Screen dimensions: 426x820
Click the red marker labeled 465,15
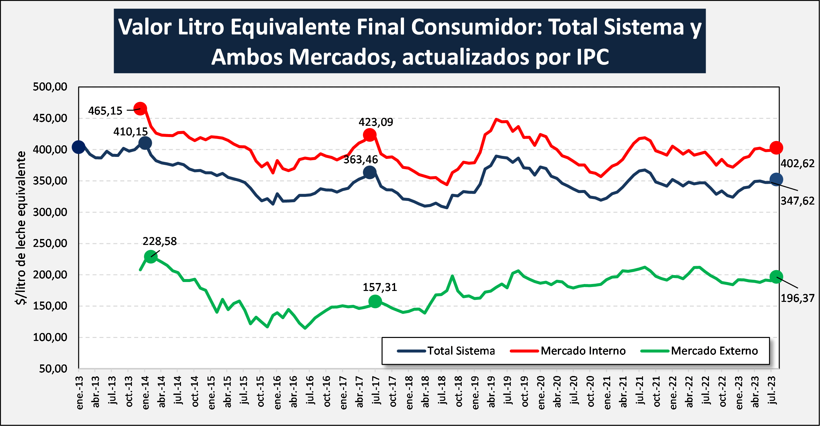pyautogui.click(x=140, y=109)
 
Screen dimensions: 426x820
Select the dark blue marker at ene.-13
pyautogui.click(x=79, y=147)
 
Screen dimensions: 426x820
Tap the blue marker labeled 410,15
pyautogui.click(x=145, y=143)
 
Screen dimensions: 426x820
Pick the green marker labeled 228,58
pyautogui.click(x=151, y=257)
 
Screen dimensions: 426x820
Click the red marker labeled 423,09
pyautogui.click(x=370, y=135)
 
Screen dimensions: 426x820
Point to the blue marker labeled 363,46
pyautogui.click(x=370, y=172)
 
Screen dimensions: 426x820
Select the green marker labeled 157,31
pyautogui.click(x=375, y=301)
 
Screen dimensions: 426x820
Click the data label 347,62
pyautogui.click(x=797, y=201)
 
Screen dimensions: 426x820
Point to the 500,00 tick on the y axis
pyautogui.click(x=50, y=87)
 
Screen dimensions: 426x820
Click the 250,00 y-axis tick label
pyautogui.click(x=50, y=243)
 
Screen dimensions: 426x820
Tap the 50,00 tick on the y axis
pyautogui.click(x=53, y=368)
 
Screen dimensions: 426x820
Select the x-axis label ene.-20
pyautogui.click(x=541, y=393)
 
